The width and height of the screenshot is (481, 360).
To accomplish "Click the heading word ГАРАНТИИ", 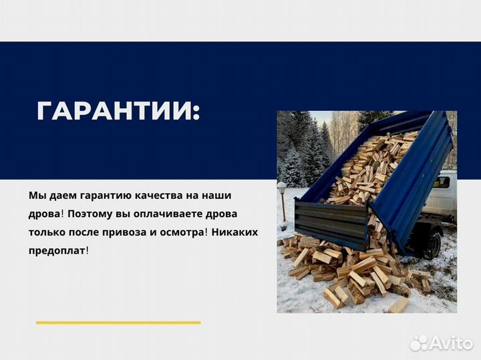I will point(118,112).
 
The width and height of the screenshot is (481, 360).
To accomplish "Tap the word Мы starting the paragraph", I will point(37,196).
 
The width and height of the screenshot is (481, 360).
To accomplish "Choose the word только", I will point(47,232).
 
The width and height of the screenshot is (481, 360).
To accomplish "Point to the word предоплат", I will point(57,250).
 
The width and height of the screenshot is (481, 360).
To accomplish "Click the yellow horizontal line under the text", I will point(118,323).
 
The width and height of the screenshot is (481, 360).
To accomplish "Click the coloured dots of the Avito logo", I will point(418,343).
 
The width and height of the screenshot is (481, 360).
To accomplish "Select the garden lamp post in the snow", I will point(282,200).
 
